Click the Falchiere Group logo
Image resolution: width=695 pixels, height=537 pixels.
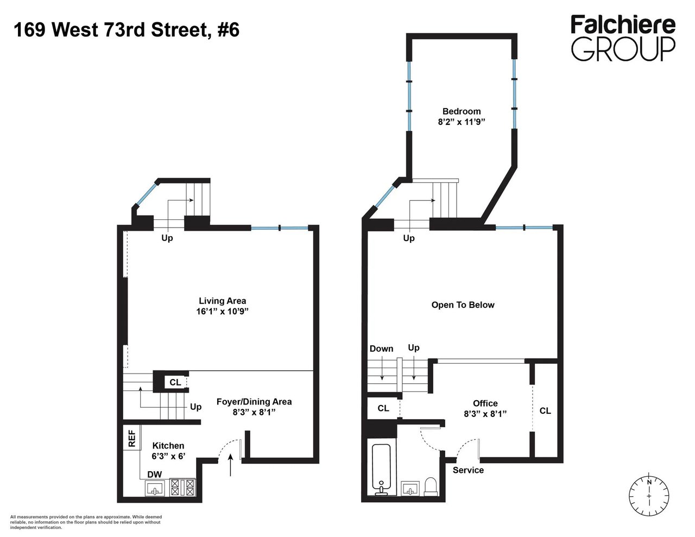click(623, 38)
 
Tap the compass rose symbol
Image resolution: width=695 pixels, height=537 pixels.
click(649, 496)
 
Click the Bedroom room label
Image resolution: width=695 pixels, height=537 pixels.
click(461, 111)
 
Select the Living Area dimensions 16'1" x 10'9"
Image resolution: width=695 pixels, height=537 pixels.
click(222, 312)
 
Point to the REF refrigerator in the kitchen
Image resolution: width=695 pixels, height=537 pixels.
click(132, 439)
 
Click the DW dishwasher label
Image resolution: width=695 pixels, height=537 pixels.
click(155, 475)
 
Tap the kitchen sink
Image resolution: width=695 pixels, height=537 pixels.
click(156, 488)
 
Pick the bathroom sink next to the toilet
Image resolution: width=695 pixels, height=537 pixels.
click(410, 488)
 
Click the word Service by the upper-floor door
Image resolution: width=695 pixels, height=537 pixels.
click(468, 470)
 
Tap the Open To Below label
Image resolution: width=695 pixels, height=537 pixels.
click(463, 305)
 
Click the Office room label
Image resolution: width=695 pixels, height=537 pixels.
click(485, 403)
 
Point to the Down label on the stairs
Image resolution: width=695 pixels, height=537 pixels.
click(381, 349)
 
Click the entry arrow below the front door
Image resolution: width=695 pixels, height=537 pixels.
click(231, 466)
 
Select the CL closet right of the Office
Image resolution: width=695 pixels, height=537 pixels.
click(545, 411)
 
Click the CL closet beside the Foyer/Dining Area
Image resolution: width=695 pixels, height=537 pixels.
click(175, 382)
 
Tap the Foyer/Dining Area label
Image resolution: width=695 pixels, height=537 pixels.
click(254, 402)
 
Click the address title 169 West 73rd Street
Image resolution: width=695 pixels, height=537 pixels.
click(126, 29)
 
